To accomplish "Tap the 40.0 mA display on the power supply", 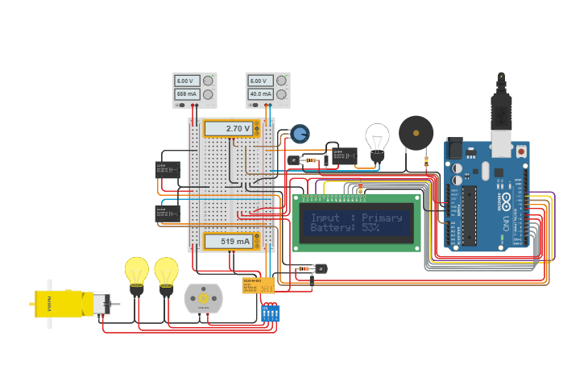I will (x=259, y=94).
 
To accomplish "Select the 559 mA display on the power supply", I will (x=187, y=94).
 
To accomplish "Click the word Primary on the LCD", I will (x=381, y=218).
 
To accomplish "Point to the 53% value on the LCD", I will (x=370, y=228).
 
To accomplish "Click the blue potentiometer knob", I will (x=300, y=134).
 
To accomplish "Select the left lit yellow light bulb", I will (x=136, y=272).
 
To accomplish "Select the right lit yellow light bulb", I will (x=166, y=272).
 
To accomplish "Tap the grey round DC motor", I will (x=201, y=298).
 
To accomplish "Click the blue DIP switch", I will (x=271, y=313).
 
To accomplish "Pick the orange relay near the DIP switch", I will (x=258, y=285).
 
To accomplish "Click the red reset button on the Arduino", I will (x=521, y=151).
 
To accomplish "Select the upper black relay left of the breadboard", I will (x=167, y=170).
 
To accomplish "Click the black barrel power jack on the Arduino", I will (x=455, y=149).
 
